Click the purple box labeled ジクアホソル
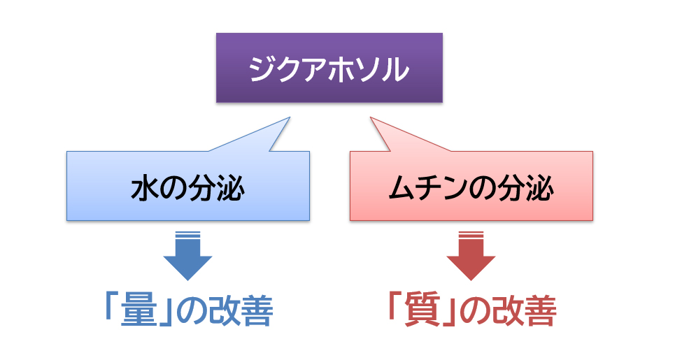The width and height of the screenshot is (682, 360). tap(329, 68)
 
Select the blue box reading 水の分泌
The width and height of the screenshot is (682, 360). tap(188, 186)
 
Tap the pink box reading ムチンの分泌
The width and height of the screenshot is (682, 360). tap(471, 186)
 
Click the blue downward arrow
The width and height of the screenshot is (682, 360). tap(187, 256)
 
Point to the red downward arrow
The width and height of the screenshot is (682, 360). tap(471, 256)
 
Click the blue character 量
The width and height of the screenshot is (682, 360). tap(138, 311)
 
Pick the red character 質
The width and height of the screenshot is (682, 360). tap(422, 311)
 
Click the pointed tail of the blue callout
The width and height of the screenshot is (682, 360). tap(290, 117)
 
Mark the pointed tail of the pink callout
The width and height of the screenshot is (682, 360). tap(371, 117)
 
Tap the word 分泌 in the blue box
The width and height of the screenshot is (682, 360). tap(216, 188)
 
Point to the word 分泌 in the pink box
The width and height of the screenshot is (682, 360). tap(525, 188)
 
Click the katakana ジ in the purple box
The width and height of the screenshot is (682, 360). tap(263, 69)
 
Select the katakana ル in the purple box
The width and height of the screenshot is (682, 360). tap(395, 69)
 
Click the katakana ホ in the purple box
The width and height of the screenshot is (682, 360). tap(342, 69)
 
